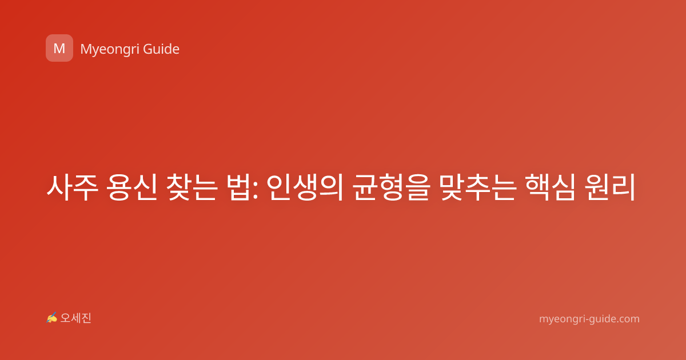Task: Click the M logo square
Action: [x=59, y=48]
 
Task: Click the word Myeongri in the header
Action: [x=109, y=49]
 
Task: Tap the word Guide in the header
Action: [x=161, y=49]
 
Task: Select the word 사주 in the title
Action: [x=72, y=187]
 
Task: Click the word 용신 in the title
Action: [x=131, y=187]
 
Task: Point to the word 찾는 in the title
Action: [x=192, y=187]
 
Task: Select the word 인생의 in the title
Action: [x=304, y=187]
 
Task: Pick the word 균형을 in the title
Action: [x=391, y=187]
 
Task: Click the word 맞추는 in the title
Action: [x=478, y=187]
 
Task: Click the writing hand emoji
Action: [x=52, y=318]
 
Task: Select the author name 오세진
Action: [x=75, y=318]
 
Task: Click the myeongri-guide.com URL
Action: [x=589, y=319]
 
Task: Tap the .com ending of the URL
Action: [x=627, y=319]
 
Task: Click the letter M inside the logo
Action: [x=59, y=49]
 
